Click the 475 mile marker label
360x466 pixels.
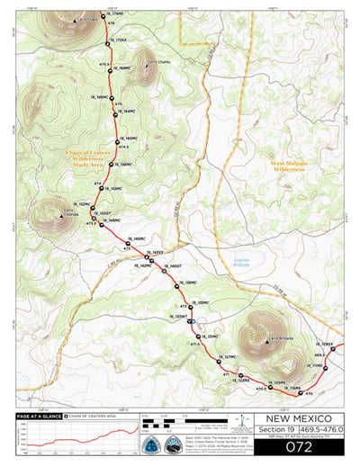coord(105,64)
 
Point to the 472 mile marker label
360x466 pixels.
coord(183,306)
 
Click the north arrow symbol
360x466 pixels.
coord(245,423)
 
